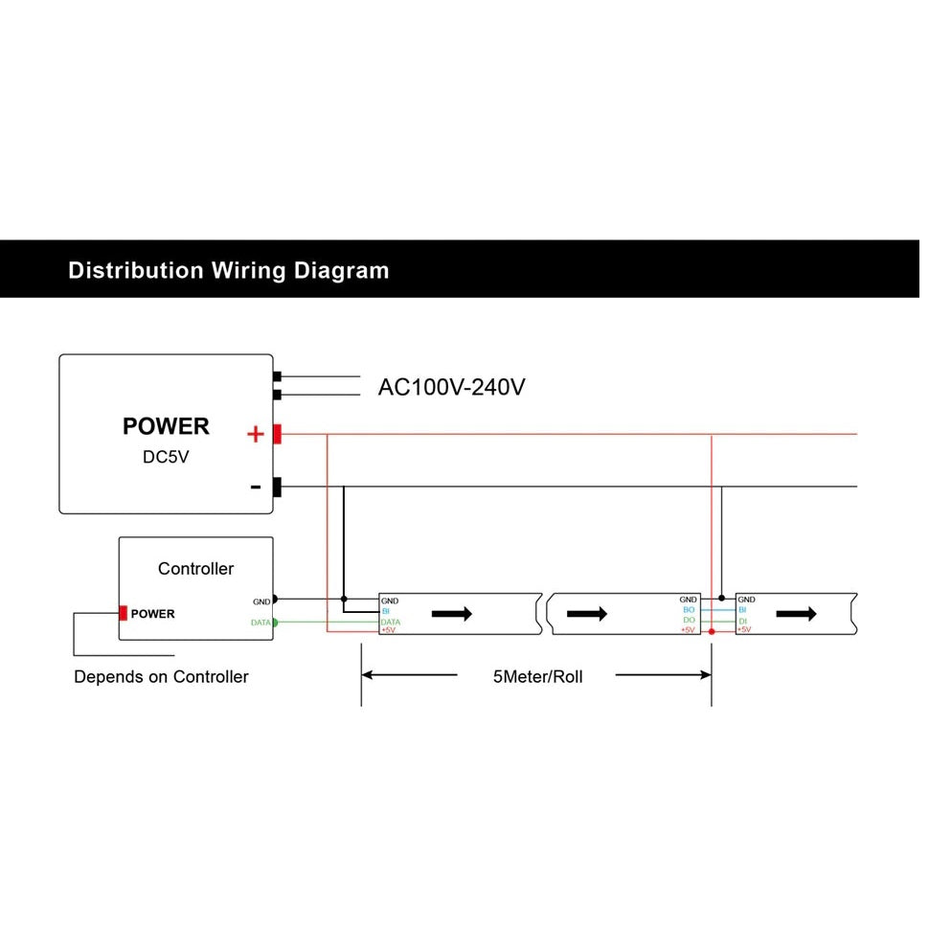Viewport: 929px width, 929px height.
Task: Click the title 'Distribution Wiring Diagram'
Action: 228,270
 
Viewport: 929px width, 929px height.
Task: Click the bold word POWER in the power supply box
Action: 166,426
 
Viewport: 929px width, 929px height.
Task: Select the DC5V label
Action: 166,457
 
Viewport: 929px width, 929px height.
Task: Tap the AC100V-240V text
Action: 451,387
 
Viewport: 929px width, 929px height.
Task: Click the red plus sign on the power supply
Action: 255,435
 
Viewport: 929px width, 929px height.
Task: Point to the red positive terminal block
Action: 277,434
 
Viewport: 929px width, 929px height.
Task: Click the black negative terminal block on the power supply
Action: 277,487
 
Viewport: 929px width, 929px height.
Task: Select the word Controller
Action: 195,569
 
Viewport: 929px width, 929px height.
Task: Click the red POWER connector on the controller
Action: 123,613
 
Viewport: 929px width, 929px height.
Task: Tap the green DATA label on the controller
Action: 260,623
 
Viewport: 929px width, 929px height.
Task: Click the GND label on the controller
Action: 261,601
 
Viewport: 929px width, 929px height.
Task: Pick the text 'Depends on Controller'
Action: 161,677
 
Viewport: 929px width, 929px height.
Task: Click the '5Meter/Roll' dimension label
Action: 537,676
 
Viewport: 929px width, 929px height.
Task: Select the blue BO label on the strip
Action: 689,610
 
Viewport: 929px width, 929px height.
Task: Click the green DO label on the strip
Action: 689,621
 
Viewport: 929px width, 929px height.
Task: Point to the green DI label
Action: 742,621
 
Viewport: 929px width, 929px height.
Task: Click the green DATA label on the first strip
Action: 391,622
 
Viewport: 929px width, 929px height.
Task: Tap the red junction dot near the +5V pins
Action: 711,632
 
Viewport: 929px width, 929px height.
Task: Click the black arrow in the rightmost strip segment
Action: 796,613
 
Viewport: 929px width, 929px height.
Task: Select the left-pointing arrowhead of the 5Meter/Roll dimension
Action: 368,675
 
